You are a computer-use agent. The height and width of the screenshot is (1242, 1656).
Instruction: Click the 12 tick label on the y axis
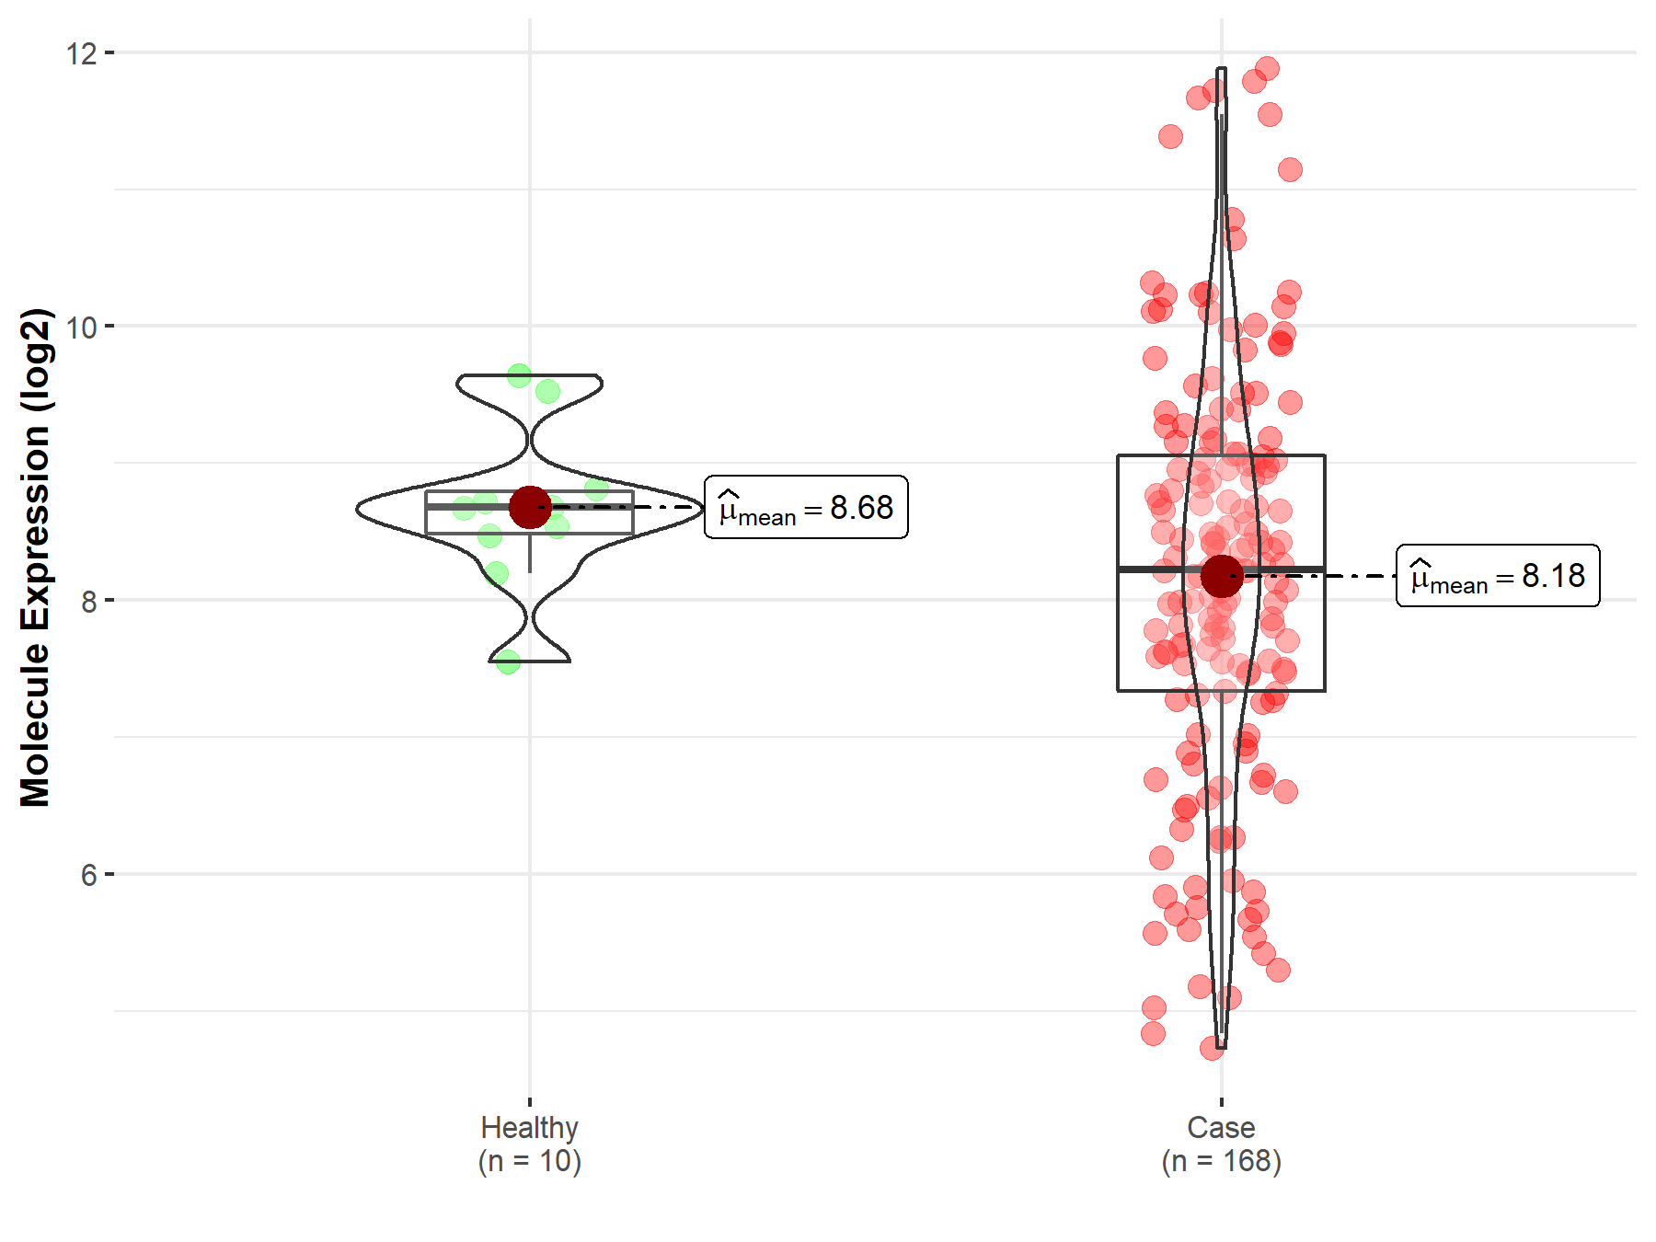tap(81, 53)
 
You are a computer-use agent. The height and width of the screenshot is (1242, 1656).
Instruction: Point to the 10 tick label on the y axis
tap(81, 327)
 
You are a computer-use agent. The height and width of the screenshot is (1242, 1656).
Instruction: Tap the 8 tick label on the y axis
tap(88, 601)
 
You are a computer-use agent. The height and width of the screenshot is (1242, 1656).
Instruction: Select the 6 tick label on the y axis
tap(88, 875)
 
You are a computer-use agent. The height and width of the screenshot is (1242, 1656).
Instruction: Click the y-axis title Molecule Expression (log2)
tap(35, 557)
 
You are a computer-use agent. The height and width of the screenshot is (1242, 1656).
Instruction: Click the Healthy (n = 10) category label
tap(529, 1144)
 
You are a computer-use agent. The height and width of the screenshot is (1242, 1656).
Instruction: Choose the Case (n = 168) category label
tap(1221, 1144)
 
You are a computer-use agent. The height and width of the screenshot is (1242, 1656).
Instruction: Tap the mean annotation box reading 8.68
tap(806, 507)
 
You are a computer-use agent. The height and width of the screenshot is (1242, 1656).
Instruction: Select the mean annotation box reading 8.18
tap(1498, 576)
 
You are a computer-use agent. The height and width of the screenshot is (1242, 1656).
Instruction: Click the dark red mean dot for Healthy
tap(530, 507)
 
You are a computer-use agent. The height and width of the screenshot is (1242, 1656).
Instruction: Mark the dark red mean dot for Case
tap(1222, 576)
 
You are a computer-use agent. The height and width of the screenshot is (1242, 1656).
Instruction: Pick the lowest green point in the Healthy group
tap(508, 661)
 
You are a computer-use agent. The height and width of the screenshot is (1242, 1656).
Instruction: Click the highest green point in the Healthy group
tap(519, 375)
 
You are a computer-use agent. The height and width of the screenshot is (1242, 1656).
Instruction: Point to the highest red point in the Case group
tap(1267, 68)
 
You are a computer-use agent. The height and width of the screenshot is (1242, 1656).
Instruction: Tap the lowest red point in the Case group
tap(1212, 1048)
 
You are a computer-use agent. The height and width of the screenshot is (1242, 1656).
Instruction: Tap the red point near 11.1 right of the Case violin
tap(1290, 169)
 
